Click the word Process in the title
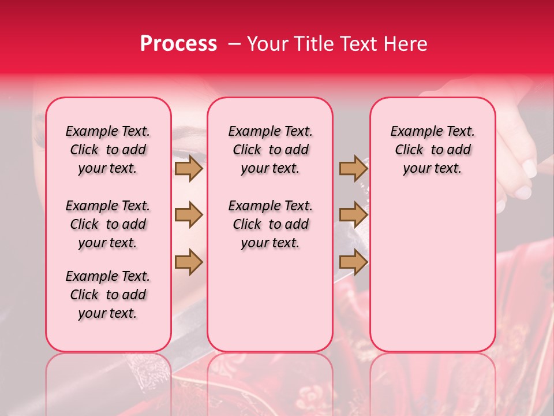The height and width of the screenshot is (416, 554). (x=178, y=44)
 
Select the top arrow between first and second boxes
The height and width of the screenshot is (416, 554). (x=188, y=169)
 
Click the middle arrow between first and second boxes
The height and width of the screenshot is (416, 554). (x=188, y=216)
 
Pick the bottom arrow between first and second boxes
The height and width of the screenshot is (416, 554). (x=188, y=262)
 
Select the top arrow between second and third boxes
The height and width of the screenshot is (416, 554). (x=353, y=169)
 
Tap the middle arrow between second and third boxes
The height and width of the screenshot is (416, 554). (x=353, y=216)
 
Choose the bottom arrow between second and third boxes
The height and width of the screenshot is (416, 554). (x=353, y=262)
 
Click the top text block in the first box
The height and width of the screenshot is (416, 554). (x=108, y=150)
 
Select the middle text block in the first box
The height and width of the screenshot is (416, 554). (x=108, y=224)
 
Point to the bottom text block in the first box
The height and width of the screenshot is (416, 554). (x=108, y=295)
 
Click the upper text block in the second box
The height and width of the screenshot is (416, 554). (x=270, y=150)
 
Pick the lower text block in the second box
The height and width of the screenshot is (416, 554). (x=270, y=224)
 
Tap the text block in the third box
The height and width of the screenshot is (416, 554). (x=432, y=150)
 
